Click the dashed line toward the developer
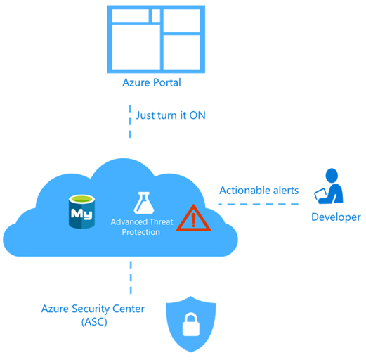point(256,205)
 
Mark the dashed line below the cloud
point(130,276)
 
